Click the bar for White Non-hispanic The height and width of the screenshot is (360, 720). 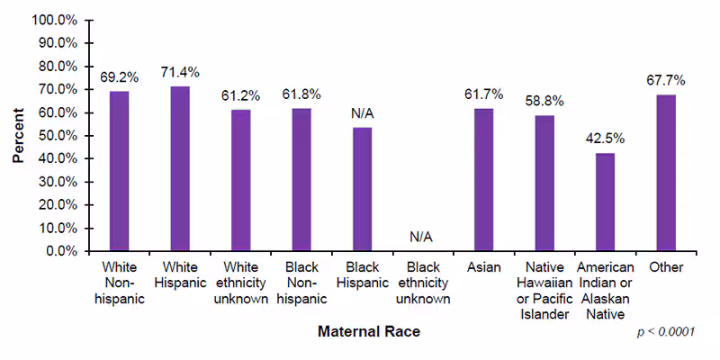click(x=119, y=171)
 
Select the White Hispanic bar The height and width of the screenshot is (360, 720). click(x=180, y=168)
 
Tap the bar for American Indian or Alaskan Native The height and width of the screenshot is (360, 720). click(x=605, y=202)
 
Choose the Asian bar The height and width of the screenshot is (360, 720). click(x=483, y=179)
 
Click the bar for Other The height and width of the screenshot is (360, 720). click(x=666, y=173)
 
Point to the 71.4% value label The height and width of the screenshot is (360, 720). click(x=180, y=72)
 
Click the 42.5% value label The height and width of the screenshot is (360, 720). click(x=605, y=139)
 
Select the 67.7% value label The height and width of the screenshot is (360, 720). click(x=666, y=80)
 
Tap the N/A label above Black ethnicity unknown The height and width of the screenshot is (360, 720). click(x=422, y=237)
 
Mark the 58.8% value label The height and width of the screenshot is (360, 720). click(x=544, y=102)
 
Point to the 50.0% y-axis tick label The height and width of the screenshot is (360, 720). click(x=59, y=135)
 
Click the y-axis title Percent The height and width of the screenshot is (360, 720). click(x=18, y=135)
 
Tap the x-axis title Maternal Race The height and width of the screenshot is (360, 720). click(x=369, y=331)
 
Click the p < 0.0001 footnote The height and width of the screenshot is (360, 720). click(x=666, y=332)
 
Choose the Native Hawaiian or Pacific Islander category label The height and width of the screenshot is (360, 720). click(x=544, y=291)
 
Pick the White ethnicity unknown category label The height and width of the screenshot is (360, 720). click(x=240, y=283)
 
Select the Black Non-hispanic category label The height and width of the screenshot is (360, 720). click(x=301, y=283)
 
